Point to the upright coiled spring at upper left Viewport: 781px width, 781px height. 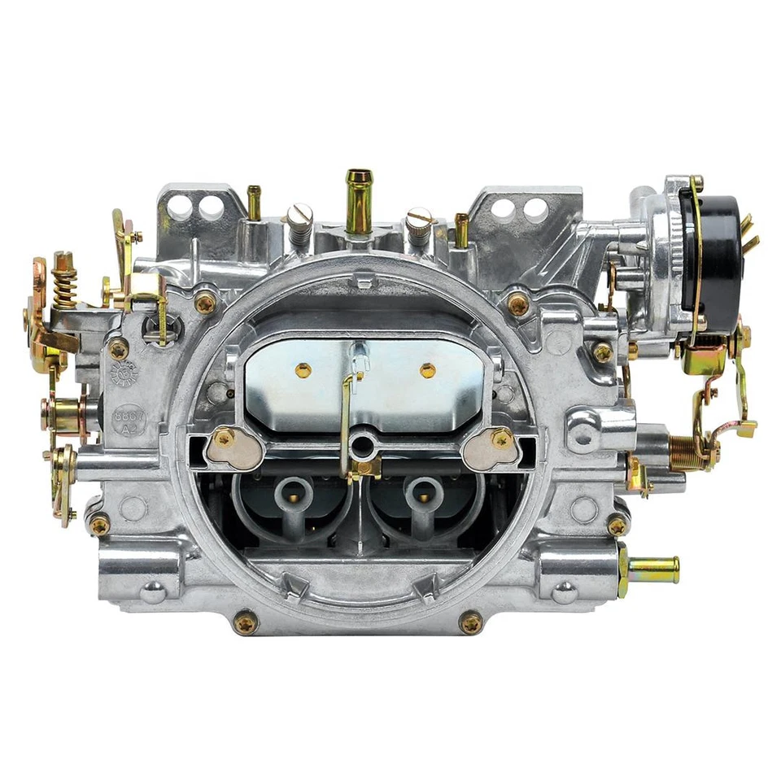65,280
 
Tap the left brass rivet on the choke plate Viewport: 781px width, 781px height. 303,370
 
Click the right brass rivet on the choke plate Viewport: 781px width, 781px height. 427,371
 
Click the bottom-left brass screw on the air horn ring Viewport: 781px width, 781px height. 245,622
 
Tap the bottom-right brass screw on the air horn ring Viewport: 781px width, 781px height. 470,622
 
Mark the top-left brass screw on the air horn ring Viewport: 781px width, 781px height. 205,303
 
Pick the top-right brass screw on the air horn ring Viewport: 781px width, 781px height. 517,303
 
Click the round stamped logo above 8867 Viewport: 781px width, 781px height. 124,373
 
